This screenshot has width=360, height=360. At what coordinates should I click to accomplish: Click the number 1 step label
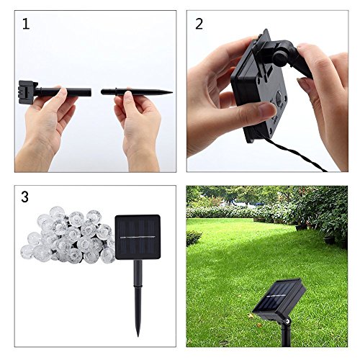(x=27, y=24)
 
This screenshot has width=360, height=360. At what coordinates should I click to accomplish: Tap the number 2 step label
(x=199, y=24)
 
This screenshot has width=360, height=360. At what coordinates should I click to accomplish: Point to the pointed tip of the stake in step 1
(x=169, y=92)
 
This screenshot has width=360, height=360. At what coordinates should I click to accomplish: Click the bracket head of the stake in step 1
(x=27, y=91)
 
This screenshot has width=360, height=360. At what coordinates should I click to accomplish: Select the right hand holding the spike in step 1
(x=140, y=122)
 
